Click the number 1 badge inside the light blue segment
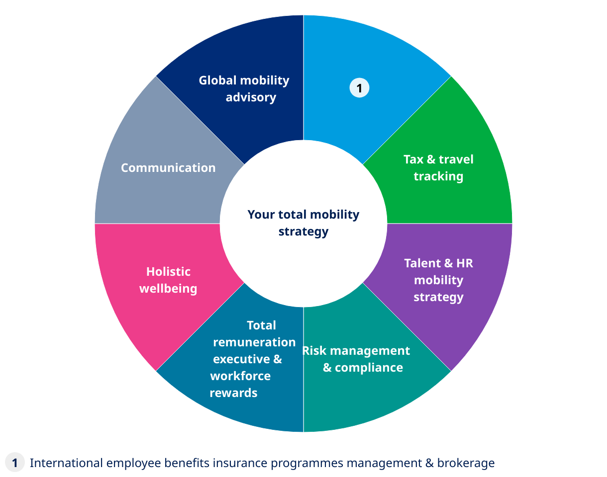(359, 88)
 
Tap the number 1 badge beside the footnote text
(15, 463)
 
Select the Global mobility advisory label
(244, 88)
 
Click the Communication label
(168, 168)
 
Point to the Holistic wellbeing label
(168, 280)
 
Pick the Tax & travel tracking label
(438, 168)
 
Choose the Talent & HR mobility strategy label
(438, 280)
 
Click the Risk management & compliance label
(357, 359)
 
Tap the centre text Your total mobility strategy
(303, 223)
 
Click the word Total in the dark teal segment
(261, 325)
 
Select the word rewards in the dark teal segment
(233, 393)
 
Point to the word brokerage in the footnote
(466, 463)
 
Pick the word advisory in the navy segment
(251, 97)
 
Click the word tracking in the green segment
(438, 176)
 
